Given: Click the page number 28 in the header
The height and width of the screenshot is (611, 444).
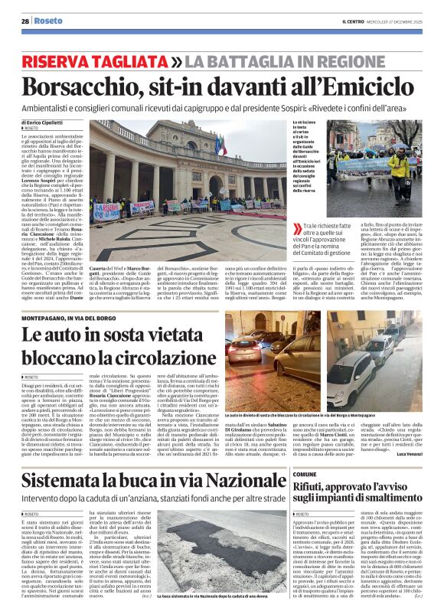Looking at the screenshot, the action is pos(25,21).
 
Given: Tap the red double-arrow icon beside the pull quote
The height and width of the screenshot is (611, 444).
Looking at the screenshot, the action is pos(299,228).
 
